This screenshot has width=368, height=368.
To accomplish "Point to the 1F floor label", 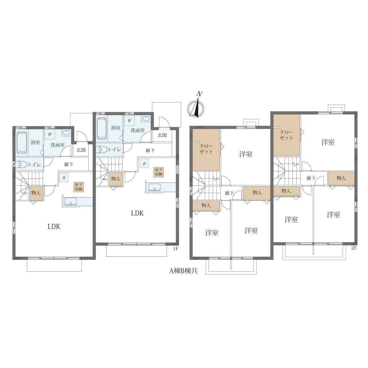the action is (x=175, y=249).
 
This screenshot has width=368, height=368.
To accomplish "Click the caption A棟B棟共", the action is (x=183, y=270).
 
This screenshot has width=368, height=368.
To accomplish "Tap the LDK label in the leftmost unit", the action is (x=54, y=227).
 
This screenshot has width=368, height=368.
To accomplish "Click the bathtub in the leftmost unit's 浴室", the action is (x=21, y=143).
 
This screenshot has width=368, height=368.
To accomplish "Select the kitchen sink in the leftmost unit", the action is (x=71, y=201).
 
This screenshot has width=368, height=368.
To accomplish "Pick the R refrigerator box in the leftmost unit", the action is (x=64, y=178).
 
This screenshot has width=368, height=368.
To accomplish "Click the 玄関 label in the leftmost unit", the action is (x=81, y=150).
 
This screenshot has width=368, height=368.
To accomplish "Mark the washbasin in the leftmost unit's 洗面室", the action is (x=66, y=133).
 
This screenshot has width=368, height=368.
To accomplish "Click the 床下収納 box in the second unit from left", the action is (x=159, y=172).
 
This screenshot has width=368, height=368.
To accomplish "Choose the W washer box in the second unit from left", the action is (x=130, y=121).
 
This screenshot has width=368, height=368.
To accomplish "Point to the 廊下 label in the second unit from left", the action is (x=150, y=151).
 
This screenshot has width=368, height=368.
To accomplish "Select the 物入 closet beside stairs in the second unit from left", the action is (x=116, y=178).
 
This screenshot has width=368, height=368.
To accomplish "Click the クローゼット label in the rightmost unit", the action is (x=286, y=135).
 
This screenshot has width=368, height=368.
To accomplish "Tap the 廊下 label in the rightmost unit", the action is (x=311, y=178).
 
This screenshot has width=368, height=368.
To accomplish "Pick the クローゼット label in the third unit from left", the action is (x=206, y=149).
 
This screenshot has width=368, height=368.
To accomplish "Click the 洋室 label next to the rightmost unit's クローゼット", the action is (x=328, y=142).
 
